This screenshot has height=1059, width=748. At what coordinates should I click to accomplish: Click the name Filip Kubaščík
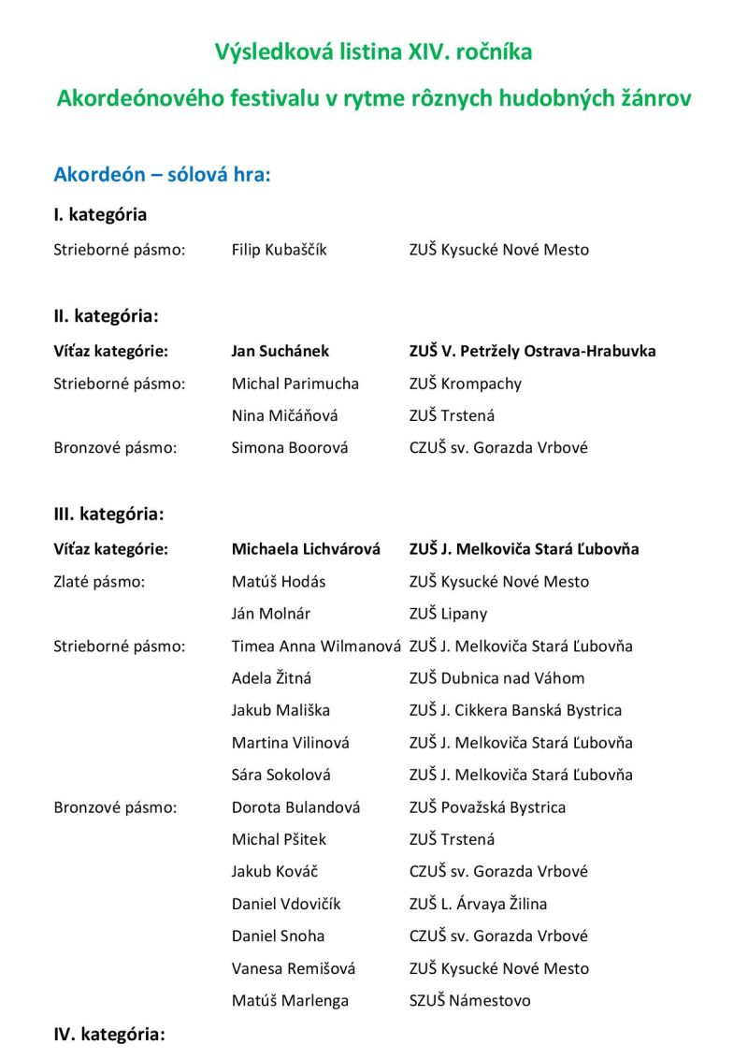(x=280, y=250)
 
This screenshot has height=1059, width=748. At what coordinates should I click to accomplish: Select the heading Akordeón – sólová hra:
(x=162, y=175)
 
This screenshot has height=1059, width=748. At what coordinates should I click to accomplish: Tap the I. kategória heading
(x=100, y=214)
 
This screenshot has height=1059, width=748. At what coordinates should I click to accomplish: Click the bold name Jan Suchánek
(x=280, y=351)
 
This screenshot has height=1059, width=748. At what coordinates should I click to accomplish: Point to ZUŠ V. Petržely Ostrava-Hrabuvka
(x=532, y=351)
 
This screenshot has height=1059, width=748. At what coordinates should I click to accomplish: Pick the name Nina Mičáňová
(x=285, y=415)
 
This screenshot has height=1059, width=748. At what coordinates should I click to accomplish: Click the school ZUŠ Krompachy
(x=466, y=384)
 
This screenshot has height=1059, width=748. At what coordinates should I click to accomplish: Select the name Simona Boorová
(x=290, y=447)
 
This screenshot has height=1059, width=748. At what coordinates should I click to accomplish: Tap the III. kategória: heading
(x=108, y=514)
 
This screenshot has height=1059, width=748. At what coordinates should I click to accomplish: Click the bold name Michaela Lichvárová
(x=306, y=549)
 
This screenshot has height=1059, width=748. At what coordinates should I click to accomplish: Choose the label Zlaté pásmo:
(x=99, y=581)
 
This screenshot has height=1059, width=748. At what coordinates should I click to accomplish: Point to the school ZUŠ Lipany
(x=448, y=614)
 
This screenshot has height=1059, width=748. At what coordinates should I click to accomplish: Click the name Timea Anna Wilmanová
(x=316, y=646)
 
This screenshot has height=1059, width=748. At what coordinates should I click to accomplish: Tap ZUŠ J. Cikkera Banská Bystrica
(x=515, y=710)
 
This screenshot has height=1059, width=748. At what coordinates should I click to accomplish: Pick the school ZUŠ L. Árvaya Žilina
(x=478, y=904)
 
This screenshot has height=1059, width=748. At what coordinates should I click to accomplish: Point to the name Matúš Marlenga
(x=290, y=1000)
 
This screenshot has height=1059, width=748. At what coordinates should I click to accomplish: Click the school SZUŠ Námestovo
(x=469, y=1000)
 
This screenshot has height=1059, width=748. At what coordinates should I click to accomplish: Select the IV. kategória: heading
(x=108, y=1035)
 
